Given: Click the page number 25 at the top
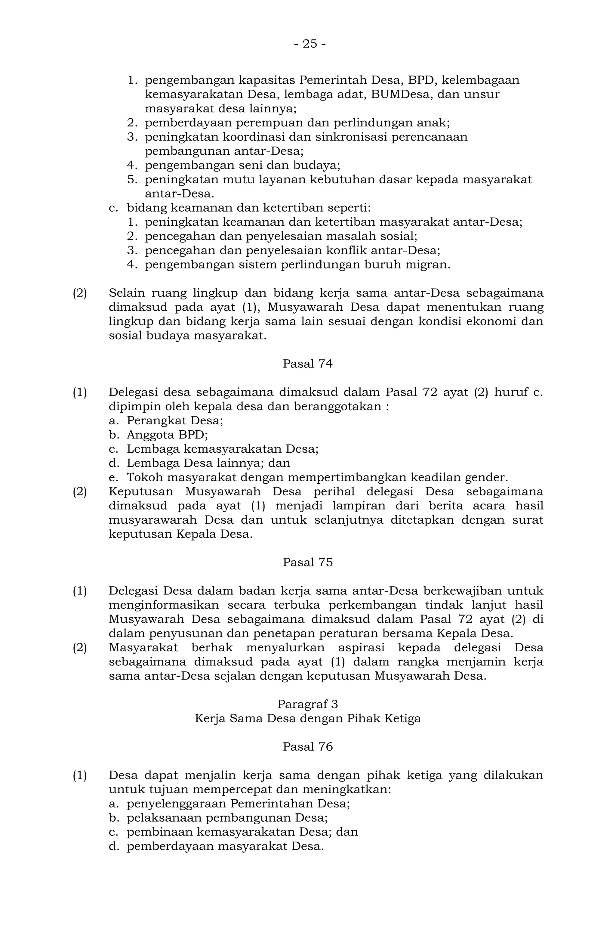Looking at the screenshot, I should (x=310, y=44).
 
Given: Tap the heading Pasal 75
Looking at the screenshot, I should (x=307, y=562).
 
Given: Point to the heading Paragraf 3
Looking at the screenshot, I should (x=307, y=704).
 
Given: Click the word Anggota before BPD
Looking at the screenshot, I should (x=149, y=435).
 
